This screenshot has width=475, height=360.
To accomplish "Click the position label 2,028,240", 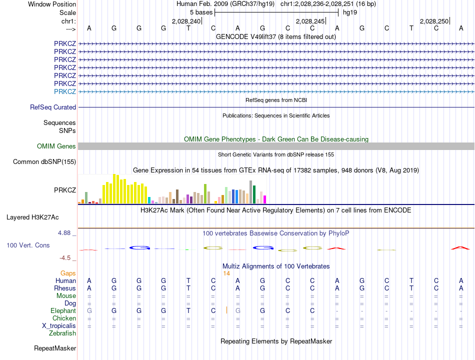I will (x=186, y=21).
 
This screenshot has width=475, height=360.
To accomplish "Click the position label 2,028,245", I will (x=310, y=21).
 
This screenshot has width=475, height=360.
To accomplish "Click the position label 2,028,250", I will (x=434, y=21).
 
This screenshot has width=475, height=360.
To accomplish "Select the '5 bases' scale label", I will (x=201, y=12).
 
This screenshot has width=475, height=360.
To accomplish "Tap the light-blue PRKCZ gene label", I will (x=65, y=91).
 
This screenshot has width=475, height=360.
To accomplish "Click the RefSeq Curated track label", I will (x=53, y=107).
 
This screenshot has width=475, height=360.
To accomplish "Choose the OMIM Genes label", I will (x=56, y=146).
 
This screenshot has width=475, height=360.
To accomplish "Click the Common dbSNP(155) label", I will (x=44, y=161).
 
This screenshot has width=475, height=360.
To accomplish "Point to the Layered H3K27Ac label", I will (x=32, y=217).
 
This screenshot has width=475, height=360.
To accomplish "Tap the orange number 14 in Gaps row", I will (x=226, y=273).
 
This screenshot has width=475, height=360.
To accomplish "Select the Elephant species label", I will (x=63, y=311).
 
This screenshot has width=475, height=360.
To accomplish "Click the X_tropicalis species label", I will (x=59, y=326).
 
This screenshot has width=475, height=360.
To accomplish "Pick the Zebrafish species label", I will (x=62, y=333).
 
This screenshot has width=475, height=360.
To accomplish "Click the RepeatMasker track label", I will (x=55, y=348).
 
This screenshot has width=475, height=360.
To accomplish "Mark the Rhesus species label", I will (x=65, y=288).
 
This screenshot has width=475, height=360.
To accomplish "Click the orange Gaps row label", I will (x=68, y=273).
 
